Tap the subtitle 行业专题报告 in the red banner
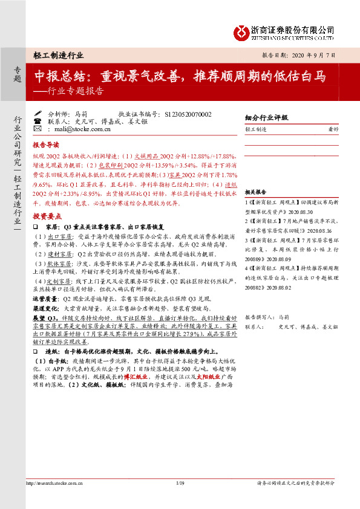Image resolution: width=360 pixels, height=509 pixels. coord(76,92)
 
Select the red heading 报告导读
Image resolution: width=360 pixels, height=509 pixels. coord(45,145)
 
